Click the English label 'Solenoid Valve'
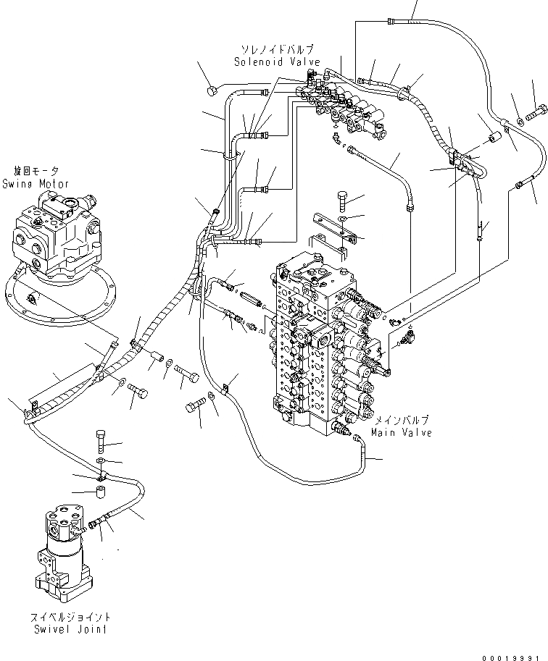coord(273,62)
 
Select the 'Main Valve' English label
coord(401,432)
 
